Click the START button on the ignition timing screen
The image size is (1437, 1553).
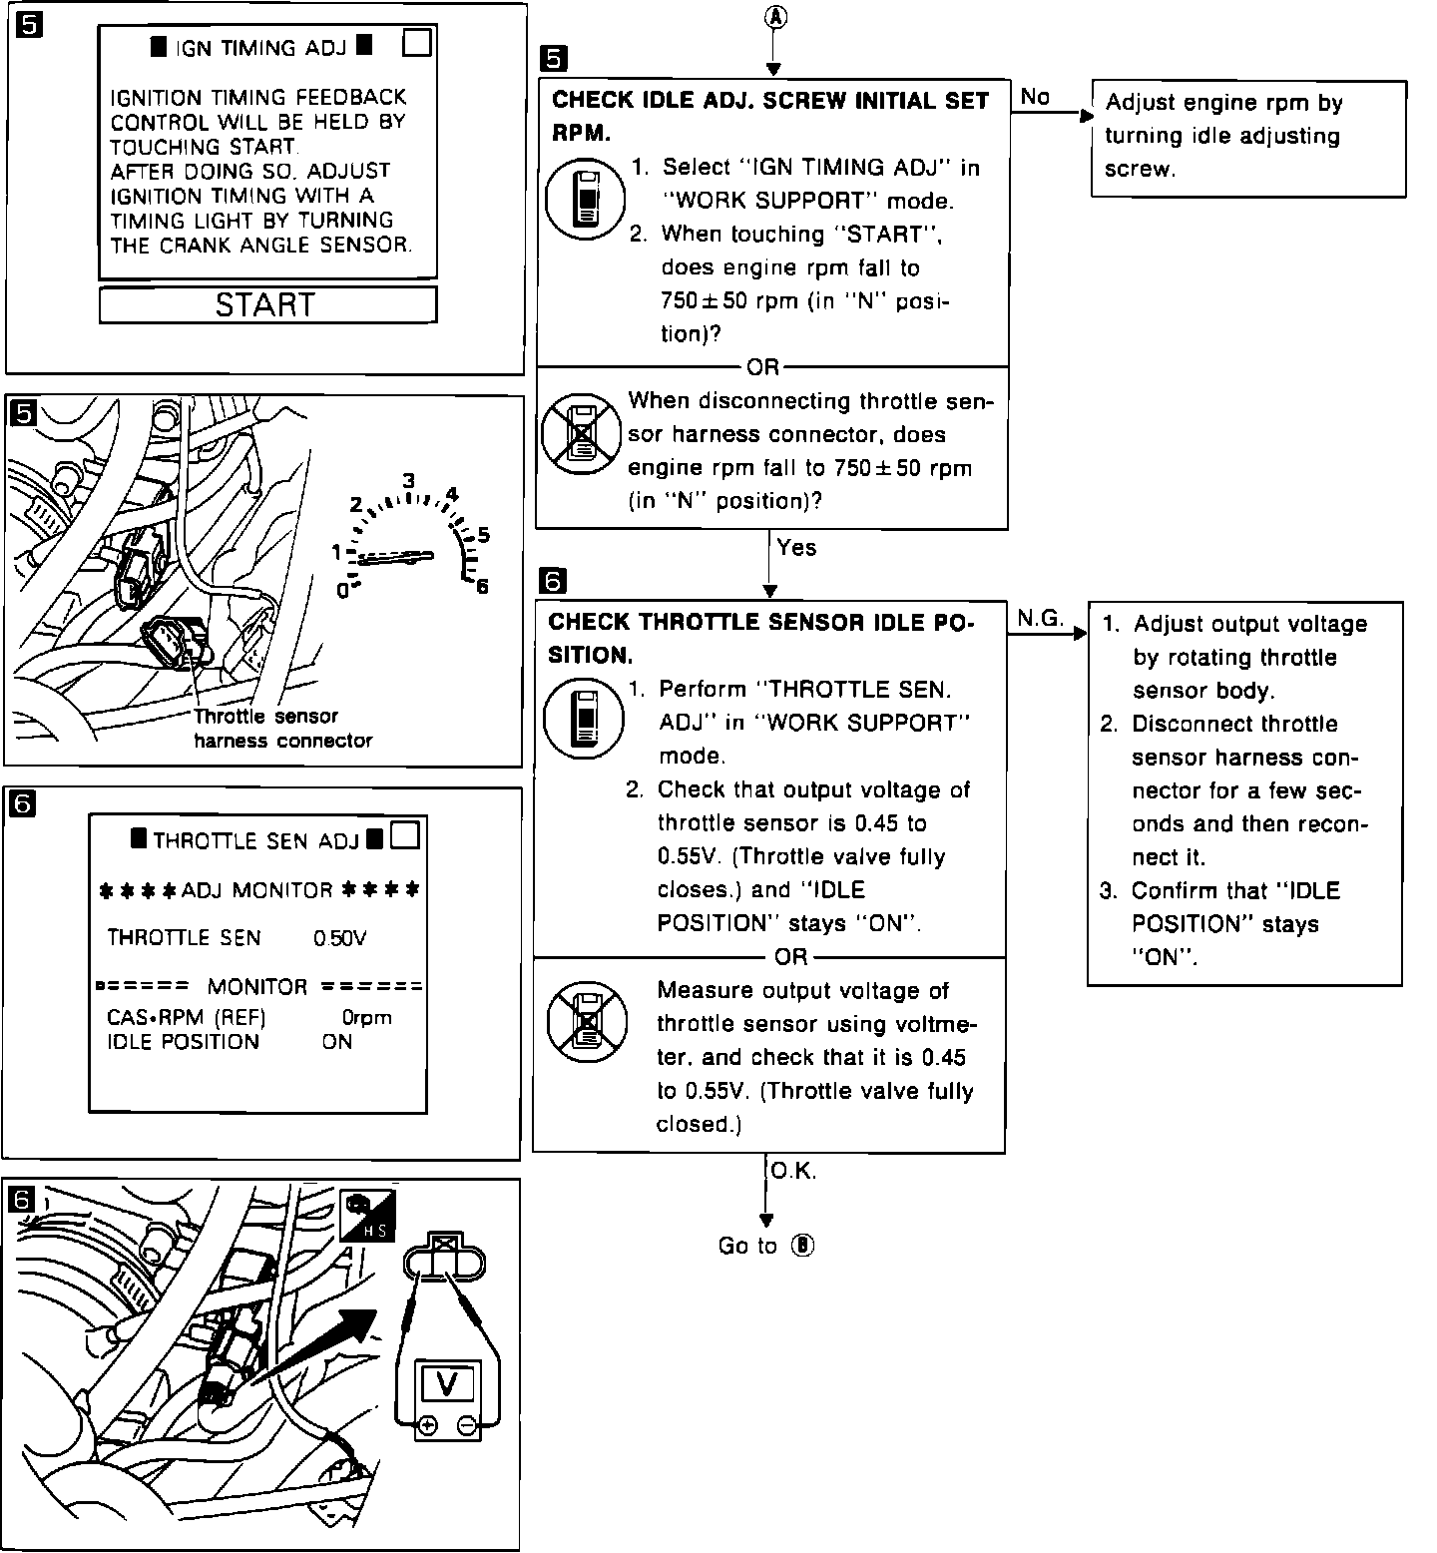[x=267, y=304]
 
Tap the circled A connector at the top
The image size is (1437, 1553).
[x=773, y=18]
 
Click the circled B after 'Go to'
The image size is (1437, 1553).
[x=803, y=1246]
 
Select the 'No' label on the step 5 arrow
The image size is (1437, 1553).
[x=1035, y=97]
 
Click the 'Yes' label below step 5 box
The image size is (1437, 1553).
[x=796, y=547]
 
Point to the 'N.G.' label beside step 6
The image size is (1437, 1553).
[x=1040, y=619]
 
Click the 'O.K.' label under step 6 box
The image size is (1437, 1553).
[x=793, y=1172]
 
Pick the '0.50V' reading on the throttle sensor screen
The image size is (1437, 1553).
[x=339, y=938]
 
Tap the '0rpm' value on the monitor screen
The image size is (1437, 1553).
[x=366, y=1018]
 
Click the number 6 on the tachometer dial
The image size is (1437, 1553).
[x=483, y=587]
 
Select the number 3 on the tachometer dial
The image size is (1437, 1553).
[x=408, y=481]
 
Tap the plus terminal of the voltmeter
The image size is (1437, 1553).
[x=427, y=1425]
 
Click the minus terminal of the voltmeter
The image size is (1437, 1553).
[x=466, y=1425]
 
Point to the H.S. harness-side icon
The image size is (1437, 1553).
[x=366, y=1216]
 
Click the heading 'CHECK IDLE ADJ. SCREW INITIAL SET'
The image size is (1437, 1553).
[x=769, y=101]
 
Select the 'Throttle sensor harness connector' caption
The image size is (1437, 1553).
[x=281, y=729]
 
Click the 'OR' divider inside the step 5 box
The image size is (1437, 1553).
[x=763, y=367]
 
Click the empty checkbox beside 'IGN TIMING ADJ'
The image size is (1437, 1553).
[x=417, y=44]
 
